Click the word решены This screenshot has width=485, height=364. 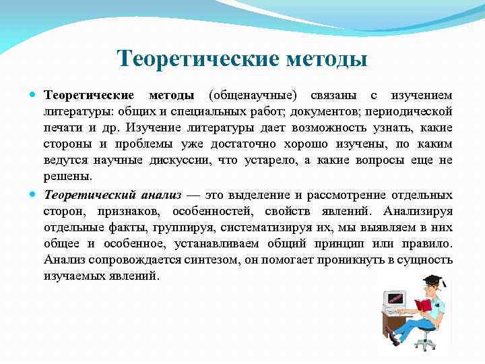(67, 176)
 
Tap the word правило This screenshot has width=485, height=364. (428, 243)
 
